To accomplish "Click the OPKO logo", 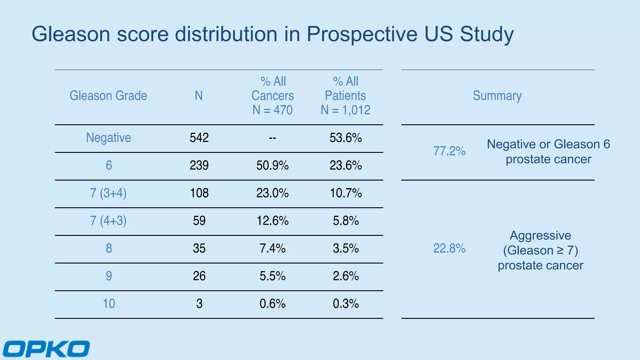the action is click(x=46, y=348).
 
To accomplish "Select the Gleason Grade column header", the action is click(x=108, y=96).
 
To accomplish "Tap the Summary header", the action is click(x=497, y=96).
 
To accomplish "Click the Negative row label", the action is click(x=108, y=138).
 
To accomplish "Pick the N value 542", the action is click(x=199, y=137).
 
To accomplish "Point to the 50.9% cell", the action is click(x=272, y=165).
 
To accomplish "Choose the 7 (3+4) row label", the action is click(x=108, y=193).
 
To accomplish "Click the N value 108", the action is click(x=199, y=193).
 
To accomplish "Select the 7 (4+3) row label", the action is click(x=108, y=221).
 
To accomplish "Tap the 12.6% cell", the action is click(x=272, y=221).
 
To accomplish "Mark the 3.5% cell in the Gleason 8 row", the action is click(x=346, y=248).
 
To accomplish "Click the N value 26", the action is click(x=199, y=276).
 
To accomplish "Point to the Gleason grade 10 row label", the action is click(x=109, y=303).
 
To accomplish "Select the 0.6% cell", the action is click(x=272, y=303).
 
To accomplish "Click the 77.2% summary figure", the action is click(x=449, y=151).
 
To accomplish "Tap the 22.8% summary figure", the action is click(x=449, y=248).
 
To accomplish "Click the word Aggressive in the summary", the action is click(x=540, y=236).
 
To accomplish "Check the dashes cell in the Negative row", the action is click(x=272, y=138).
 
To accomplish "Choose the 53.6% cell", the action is click(x=346, y=137).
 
